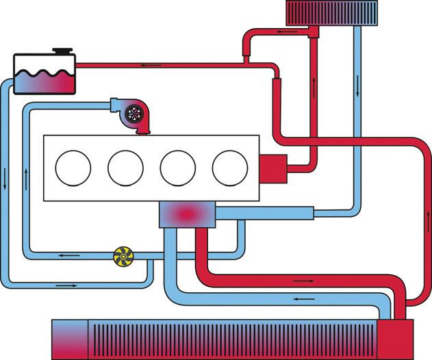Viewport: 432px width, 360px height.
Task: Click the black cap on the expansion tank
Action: (x=62, y=52)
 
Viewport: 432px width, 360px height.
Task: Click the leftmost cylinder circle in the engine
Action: (x=73, y=168)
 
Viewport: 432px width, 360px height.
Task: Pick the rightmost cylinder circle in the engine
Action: (x=229, y=168)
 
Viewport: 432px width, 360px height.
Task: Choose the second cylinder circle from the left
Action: (x=125, y=168)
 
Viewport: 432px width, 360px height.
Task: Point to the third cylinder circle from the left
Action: (x=177, y=168)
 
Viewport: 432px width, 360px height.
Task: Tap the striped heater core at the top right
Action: (x=331, y=12)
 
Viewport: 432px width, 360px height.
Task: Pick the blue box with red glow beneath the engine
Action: (x=186, y=214)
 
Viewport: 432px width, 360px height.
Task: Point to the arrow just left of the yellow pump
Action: (x=68, y=255)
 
